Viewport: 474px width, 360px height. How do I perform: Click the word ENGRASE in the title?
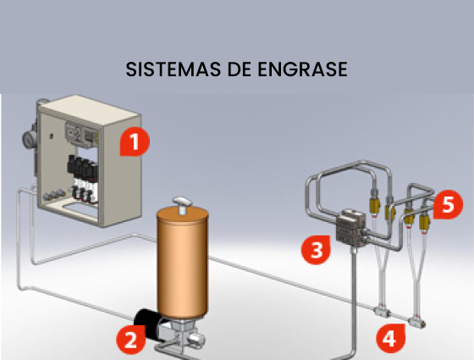[x=303, y=69]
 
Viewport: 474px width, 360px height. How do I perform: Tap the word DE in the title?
[x=240, y=69]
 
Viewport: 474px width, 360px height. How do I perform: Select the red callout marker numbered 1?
[x=135, y=141]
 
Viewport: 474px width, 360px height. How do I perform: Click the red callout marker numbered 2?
[x=131, y=340]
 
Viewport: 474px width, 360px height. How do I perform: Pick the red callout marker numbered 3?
[x=316, y=250]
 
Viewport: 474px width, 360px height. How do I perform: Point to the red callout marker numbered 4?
[x=391, y=338]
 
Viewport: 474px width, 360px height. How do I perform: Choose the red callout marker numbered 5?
[x=448, y=204]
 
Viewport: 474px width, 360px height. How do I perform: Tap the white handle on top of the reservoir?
[x=182, y=204]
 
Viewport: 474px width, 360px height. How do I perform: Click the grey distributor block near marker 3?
[x=350, y=227]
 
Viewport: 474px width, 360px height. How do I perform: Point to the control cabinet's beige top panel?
[x=90, y=109]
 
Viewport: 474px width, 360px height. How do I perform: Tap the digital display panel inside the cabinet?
[x=81, y=135]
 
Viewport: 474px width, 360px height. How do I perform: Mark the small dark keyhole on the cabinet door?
[x=52, y=136]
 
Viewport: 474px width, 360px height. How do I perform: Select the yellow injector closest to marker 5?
[x=424, y=221]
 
